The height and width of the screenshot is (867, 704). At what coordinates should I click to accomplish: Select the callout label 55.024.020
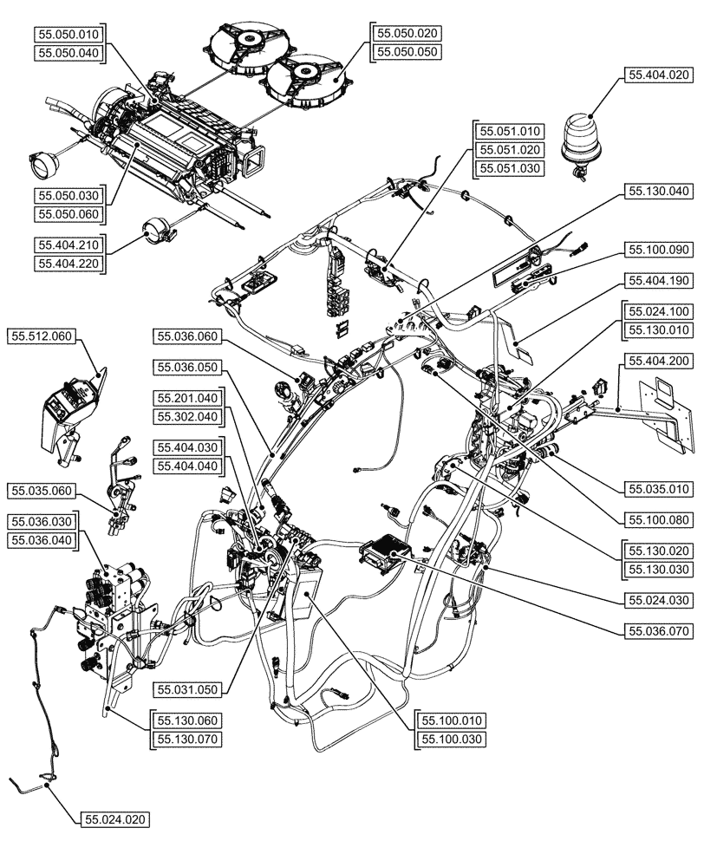(116, 818)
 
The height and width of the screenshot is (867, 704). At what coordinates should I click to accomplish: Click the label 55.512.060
(42, 335)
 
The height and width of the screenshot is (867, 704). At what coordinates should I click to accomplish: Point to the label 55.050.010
(70, 36)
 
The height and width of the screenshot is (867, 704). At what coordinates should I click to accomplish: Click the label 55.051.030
(510, 168)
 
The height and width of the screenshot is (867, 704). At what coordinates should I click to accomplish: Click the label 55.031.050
(187, 689)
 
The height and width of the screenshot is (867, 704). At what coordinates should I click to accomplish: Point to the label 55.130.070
(187, 739)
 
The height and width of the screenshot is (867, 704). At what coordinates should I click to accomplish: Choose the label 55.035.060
(42, 491)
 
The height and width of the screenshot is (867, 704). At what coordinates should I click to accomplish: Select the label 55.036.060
(187, 336)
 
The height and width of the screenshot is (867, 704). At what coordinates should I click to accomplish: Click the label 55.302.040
(187, 417)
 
